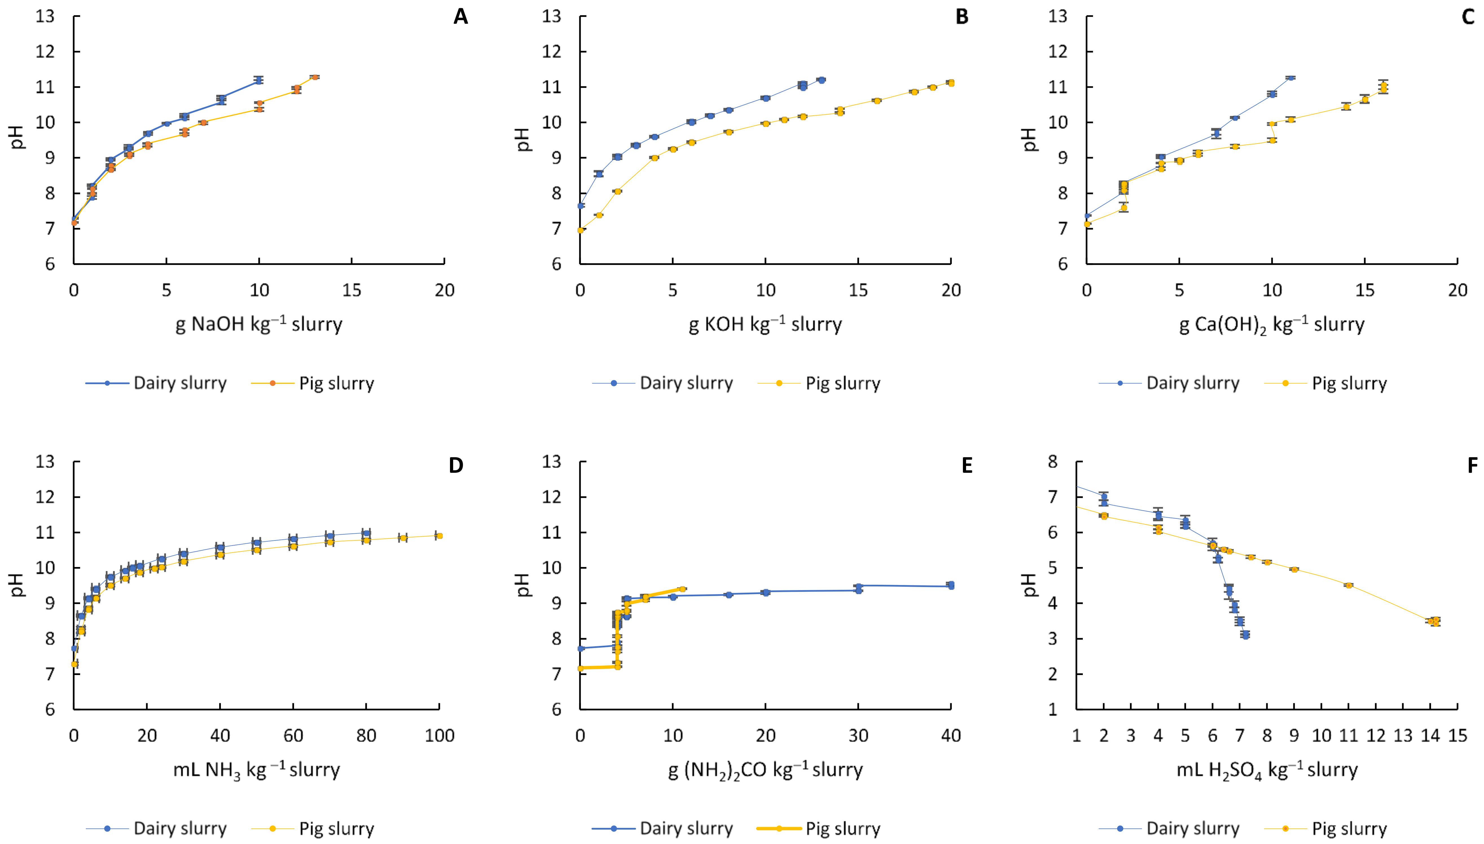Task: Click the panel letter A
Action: tap(460, 17)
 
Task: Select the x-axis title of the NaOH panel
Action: tap(258, 324)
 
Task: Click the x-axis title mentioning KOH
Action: tap(765, 324)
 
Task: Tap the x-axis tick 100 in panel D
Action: tap(439, 736)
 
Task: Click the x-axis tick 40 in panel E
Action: tap(951, 736)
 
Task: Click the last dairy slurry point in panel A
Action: tap(258, 80)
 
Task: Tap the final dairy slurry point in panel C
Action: tap(1290, 77)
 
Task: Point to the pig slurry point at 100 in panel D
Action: tap(439, 536)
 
